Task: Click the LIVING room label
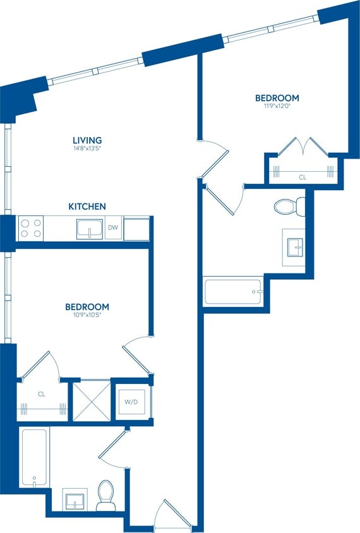click(x=87, y=140)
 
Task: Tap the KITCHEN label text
click(x=87, y=207)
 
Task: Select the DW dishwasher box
click(x=112, y=227)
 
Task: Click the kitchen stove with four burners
click(x=30, y=228)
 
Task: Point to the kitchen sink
click(x=90, y=228)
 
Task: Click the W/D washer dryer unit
click(x=131, y=400)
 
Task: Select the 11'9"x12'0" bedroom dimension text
click(x=277, y=106)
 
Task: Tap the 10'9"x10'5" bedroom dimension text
click(x=87, y=314)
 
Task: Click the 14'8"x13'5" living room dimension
click(x=87, y=148)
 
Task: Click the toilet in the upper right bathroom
click(x=290, y=206)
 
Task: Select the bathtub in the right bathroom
click(x=232, y=292)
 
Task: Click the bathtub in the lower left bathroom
click(x=35, y=457)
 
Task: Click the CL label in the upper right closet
click(x=302, y=177)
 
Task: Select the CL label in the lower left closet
click(x=42, y=394)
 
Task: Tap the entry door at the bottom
click(x=172, y=515)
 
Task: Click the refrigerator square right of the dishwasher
click(x=136, y=228)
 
